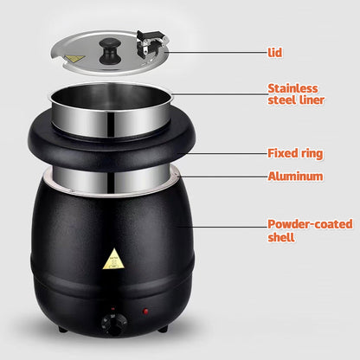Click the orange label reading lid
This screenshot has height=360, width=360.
(x=274, y=52)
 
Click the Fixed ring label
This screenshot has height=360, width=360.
(x=295, y=153)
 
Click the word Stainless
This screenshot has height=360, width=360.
(x=293, y=88)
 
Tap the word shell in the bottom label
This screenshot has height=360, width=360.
(x=281, y=236)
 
